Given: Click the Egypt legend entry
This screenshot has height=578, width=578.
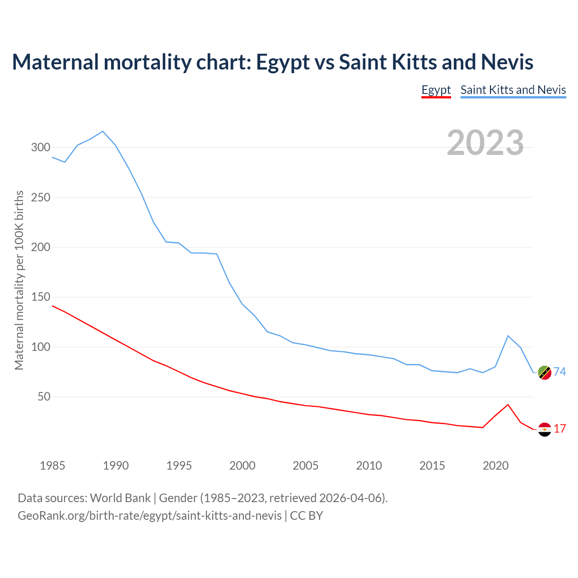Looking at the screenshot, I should click(x=436, y=90).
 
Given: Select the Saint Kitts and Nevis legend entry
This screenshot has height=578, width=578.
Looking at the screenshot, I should click(x=513, y=90).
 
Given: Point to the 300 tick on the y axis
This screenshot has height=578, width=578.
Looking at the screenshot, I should click(x=41, y=148).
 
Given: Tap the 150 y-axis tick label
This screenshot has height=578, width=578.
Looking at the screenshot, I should click(x=41, y=297).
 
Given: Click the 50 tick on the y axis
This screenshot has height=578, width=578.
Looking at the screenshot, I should click(x=44, y=397).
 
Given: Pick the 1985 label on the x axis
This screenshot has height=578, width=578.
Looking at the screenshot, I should click(x=52, y=466).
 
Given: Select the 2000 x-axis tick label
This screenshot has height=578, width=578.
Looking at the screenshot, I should click(x=242, y=466).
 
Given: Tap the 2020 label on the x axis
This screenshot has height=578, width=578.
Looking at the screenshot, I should click(x=495, y=466).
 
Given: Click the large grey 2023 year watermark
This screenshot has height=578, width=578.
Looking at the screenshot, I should click(x=485, y=143).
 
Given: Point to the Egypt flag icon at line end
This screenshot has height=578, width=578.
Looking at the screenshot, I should click(x=545, y=429).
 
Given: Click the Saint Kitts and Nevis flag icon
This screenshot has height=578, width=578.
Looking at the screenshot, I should click(x=545, y=373).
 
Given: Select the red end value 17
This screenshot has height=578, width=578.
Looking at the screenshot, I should click(x=560, y=429).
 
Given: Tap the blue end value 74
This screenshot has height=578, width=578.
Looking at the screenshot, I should click(x=560, y=372).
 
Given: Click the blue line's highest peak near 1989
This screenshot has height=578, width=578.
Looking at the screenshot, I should click(x=103, y=131).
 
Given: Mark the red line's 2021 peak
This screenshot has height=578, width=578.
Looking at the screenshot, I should click(x=508, y=405).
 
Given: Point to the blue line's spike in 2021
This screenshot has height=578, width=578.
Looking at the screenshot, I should click(x=508, y=336).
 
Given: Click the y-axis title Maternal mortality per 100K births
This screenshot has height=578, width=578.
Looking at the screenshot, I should click(x=19, y=280).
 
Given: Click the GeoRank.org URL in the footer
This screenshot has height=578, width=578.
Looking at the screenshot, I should click(x=149, y=515).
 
